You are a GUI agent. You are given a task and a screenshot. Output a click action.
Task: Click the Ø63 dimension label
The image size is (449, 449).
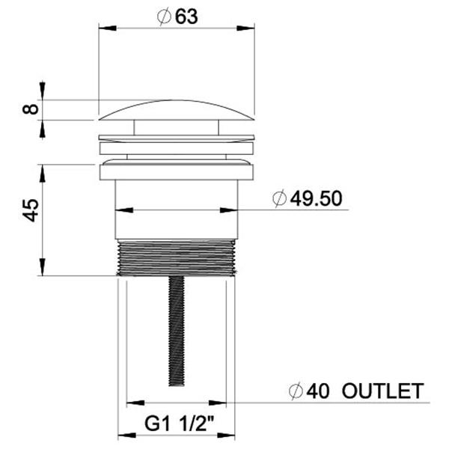[x=177, y=17]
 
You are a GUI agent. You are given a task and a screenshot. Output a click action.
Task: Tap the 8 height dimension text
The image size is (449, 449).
[x=31, y=109]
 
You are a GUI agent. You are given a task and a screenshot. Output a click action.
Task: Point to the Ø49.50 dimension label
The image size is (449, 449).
[x=307, y=198]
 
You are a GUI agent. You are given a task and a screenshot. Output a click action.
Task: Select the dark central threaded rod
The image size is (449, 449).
[x=177, y=329]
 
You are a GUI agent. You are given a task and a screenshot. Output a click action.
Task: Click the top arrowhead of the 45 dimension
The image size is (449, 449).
[x=43, y=169]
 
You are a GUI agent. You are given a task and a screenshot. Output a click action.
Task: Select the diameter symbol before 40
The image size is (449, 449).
[x=298, y=391]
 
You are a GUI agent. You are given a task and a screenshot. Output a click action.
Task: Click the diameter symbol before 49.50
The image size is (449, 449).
[x=279, y=198]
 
